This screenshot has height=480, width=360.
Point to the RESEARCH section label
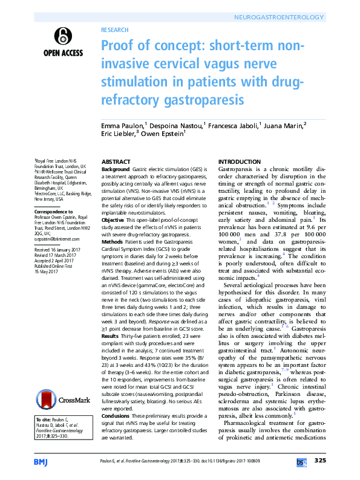click(115, 28)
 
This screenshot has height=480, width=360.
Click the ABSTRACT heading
click(115, 162)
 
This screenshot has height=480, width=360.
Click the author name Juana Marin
click(284, 125)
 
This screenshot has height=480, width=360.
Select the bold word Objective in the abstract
click(113, 222)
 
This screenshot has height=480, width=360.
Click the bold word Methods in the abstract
click(112, 241)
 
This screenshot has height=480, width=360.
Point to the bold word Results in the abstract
click(110, 335)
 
